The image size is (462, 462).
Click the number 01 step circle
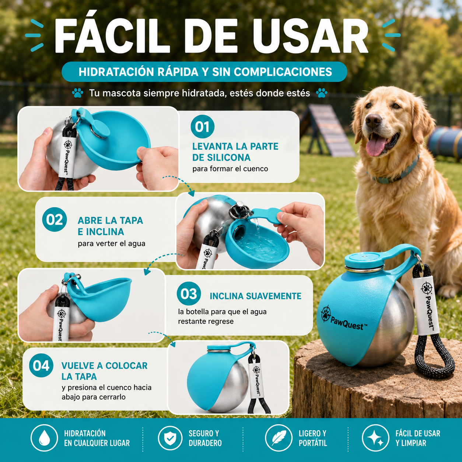(202, 126)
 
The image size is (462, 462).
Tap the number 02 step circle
(54, 219)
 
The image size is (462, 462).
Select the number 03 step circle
(189, 294)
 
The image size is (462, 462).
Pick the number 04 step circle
(41, 365)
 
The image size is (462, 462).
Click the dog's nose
(373, 120)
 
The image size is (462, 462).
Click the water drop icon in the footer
(44, 438)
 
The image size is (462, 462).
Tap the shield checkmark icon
(170, 438)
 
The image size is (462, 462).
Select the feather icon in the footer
(279, 438)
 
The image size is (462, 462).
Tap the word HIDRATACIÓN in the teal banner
(116, 72)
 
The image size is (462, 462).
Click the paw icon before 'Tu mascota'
(77, 93)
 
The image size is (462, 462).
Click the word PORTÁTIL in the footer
(313, 443)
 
